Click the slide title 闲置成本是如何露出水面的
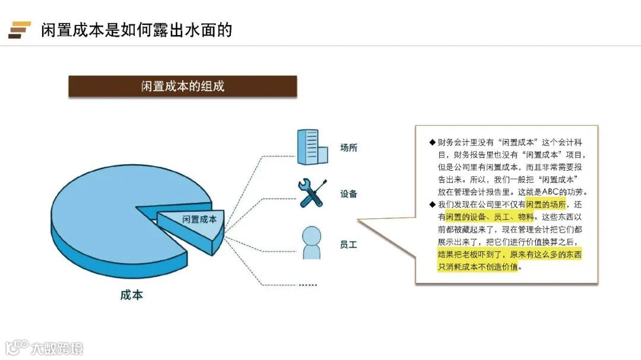pos(136,30)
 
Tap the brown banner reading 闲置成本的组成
pos(183,86)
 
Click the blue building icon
pos(312,147)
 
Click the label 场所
pos(348,148)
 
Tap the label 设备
pos(348,194)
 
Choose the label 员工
pos(348,244)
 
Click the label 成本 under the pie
pos(131,295)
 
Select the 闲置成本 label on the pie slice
pos(199,219)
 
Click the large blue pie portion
pos(101,208)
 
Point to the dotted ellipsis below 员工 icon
pos(307,285)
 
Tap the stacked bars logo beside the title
pos(19,30)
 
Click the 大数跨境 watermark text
pos(58,348)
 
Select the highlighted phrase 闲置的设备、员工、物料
pos(490,217)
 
